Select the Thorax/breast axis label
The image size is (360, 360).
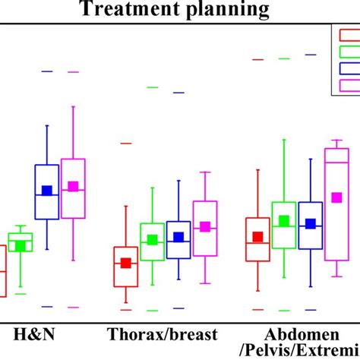point(163,334)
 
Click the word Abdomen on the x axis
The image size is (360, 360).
point(292,334)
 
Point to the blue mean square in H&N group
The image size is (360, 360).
point(47,191)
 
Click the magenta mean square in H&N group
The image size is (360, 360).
point(74,186)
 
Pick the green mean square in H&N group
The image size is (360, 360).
point(21,245)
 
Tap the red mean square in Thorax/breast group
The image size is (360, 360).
point(126,263)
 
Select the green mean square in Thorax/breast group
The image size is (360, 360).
point(152,240)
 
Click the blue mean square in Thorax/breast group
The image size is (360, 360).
point(178,237)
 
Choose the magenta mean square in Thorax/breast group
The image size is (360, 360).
point(204,227)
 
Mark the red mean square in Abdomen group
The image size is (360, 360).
point(257,237)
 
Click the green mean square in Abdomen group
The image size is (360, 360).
point(284,221)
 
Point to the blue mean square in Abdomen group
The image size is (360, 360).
point(310,224)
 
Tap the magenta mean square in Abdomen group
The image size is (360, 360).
point(336,197)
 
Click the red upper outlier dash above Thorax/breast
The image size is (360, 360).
point(126,144)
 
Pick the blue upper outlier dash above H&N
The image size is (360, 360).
point(47,71)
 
